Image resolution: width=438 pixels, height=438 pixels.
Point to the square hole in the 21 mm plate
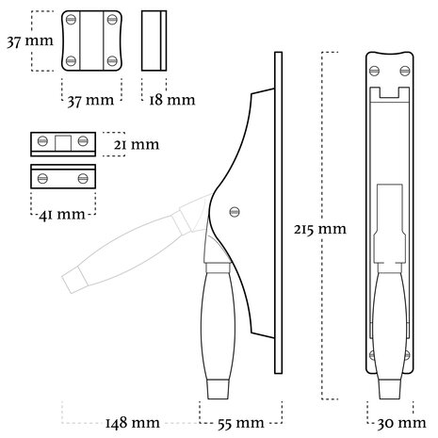tap(63, 142)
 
